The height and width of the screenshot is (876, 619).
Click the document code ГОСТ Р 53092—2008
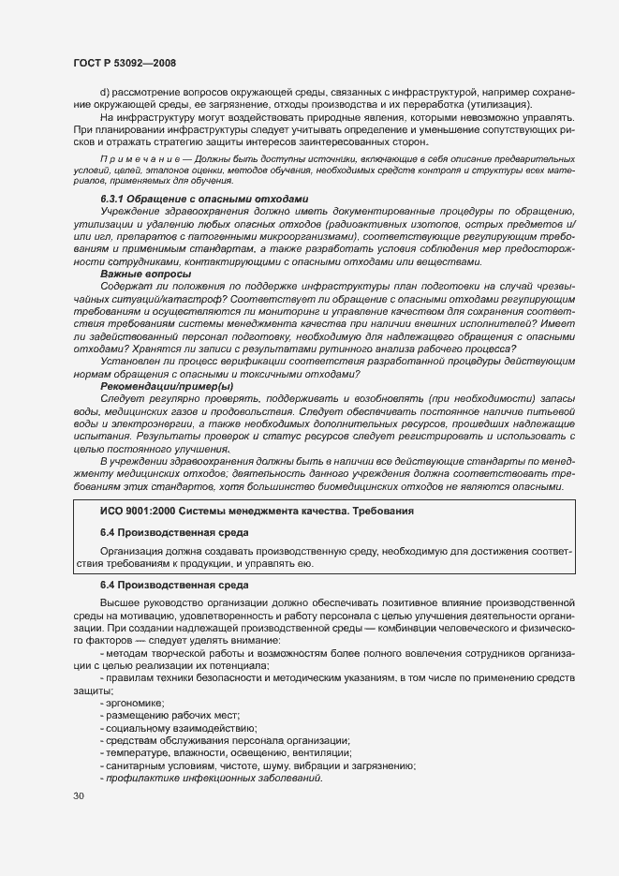[x=125, y=62]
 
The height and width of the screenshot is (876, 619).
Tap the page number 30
[x=79, y=796]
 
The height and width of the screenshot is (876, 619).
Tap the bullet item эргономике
[x=135, y=703]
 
